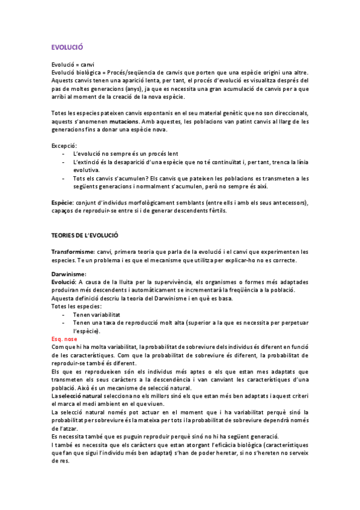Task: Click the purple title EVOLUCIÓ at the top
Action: click(x=67, y=46)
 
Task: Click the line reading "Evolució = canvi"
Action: click(x=73, y=64)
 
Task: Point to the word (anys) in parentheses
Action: click(x=160, y=88)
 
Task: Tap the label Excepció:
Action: click(x=64, y=146)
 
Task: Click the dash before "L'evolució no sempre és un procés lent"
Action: click(x=64, y=154)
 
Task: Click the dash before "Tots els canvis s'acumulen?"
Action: click(x=64, y=178)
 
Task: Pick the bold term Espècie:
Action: click(x=63, y=203)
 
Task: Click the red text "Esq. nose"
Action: click(x=64, y=339)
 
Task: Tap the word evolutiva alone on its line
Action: click(x=87, y=170)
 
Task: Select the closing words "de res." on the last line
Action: click(x=60, y=461)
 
